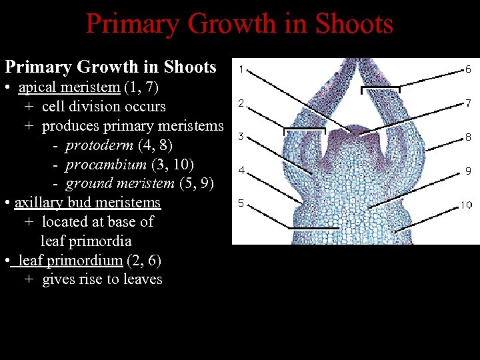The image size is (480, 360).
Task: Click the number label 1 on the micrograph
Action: tap(241, 69)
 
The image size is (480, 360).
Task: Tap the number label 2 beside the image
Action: tap(241, 103)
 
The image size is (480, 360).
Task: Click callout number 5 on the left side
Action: tap(241, 203)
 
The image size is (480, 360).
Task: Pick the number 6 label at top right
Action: tap(468, 69)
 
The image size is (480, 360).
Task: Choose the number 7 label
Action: tap(468, 103)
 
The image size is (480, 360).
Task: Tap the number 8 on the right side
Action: tap(468, 137)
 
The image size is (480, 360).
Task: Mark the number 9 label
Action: tap(468, 171)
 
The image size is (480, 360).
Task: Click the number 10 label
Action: tap(466, 205)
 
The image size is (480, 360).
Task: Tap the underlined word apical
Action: tap(38, 87)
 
